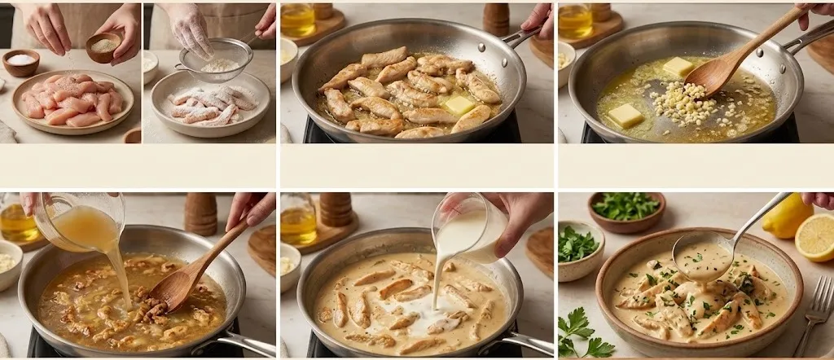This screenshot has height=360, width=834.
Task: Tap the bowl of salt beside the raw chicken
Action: pyautogui.click(x=20, y=61)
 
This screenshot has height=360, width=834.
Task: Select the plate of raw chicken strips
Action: pyautogui.click(x=73, y=101)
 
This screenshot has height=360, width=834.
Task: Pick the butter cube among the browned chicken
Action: pyautogui.click(x=459, y=104)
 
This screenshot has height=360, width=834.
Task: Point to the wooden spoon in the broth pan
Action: pyautogui.click(x=189, y=273)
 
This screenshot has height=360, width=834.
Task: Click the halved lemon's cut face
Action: pyautogui.click(x=816, y=237)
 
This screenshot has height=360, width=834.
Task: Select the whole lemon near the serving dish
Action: pyautogui.click(x=786, y=216)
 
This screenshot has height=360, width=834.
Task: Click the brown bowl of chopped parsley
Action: pyautogui.click(x=625, y=210)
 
